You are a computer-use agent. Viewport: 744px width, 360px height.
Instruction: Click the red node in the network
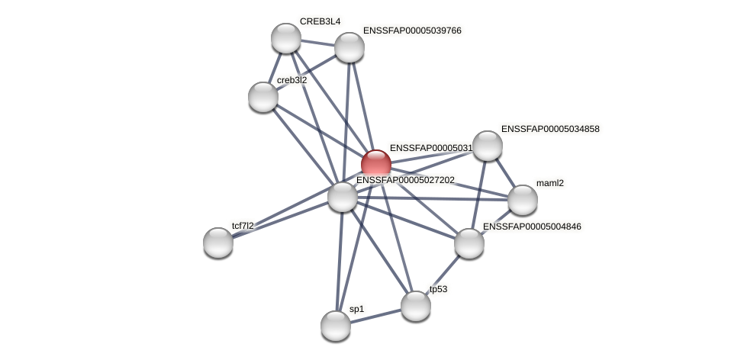(x=376, y=165)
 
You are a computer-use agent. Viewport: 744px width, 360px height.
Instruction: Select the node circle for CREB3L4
(x=286, y=38)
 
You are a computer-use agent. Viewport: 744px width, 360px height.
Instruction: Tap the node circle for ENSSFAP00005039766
(x=349, y=47)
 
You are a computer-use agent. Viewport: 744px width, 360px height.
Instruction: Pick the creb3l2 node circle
(x=263, y=97)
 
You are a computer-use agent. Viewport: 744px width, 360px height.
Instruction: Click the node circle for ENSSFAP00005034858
(x=488, y=146)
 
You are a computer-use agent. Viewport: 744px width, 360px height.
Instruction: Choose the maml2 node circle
(x=523, y=200)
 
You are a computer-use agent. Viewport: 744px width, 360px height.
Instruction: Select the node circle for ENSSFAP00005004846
(x=469, y=243)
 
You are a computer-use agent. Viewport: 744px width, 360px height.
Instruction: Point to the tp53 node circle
(x=416, y=306)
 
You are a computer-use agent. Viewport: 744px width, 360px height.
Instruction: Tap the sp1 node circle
(x=336, y=326)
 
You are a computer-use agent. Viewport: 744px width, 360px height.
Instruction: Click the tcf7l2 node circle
(x=218, y=243)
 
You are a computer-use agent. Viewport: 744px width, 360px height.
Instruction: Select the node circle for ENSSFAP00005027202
(x=343, y=197)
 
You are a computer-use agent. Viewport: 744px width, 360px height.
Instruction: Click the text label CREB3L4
(x=320, y=21)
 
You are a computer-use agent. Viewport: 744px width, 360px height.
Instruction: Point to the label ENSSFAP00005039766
(x=412, y=31)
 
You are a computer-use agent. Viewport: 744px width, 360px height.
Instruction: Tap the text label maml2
(x=549, y=183)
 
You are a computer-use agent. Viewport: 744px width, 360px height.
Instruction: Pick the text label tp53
(x=438, y=289)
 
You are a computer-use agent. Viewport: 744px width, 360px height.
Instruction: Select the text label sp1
(x=356, y=309)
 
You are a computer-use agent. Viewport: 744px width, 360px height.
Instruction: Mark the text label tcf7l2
(x=243, y=226)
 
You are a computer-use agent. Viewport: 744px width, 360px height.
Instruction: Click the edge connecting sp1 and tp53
(x=375, y=316)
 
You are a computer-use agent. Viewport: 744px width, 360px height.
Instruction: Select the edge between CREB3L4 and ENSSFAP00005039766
(x=317, y=43)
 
